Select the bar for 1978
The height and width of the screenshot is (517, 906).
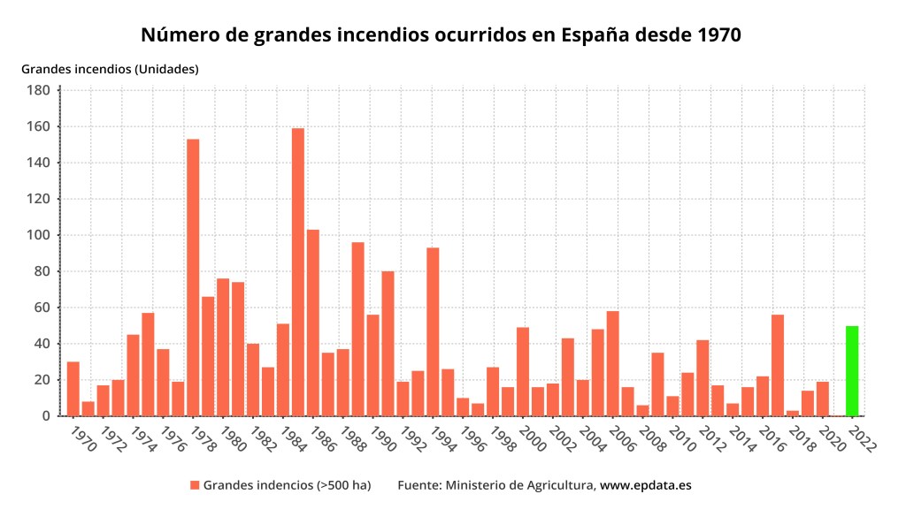click(x=193, y=278)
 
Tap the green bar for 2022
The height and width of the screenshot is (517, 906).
click(x=852, y=371)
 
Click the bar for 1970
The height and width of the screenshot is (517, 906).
click(x=73, y=389)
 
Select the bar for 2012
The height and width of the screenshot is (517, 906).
click(x=703, y=377)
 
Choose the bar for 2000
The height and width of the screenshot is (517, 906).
click(x=523, y=371)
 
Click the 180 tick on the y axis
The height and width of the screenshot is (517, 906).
click(x=38, y=90)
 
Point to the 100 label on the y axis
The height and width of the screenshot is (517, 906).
click(x=38, y=235)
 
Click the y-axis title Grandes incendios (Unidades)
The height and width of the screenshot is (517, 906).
click(x=110, y=68)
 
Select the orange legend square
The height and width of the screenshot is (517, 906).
click(x=195, y=485)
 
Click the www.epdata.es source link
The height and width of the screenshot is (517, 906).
click(x=652, y=485)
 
